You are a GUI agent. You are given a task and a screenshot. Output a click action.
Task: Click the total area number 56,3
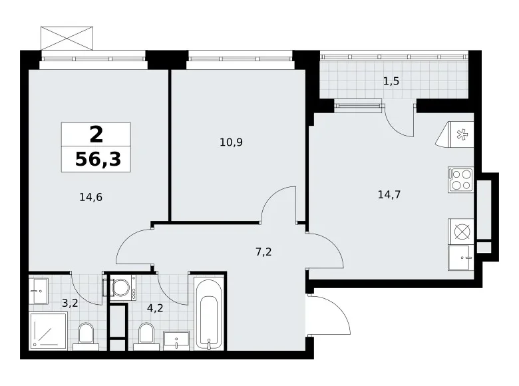[x=98, y=159]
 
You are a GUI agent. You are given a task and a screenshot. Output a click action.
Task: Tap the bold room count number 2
[x=96, y=134]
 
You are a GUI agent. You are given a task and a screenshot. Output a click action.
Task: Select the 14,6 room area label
[x=90, y=197]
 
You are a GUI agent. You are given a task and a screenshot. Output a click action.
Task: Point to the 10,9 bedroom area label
[x=231, y=142]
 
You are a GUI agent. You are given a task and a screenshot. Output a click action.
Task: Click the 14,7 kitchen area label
[x=389, y=194]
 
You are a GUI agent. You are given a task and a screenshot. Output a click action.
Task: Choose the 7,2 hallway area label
[x=263, y=252]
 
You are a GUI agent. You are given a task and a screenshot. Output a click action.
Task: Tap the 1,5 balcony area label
[x=391, y=81]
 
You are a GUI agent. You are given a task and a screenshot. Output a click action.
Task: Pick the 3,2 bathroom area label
[x=70, y=303]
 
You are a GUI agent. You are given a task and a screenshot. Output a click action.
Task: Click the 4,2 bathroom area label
[x=155, y=308]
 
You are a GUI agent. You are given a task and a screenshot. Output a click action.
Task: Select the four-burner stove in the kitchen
[x=460, y=180]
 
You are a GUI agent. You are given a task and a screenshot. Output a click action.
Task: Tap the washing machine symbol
[x=123, y=288]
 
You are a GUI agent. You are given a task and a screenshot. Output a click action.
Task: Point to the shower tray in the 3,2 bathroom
[x=49, y=330]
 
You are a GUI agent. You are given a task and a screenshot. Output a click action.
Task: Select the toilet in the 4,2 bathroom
[x=146, y=336]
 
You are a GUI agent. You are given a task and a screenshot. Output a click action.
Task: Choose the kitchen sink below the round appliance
[x=458, y=258]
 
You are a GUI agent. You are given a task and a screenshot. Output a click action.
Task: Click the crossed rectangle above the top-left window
[x=67, y=39]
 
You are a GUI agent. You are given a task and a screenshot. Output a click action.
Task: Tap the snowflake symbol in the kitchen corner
[x=460, y=134]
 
